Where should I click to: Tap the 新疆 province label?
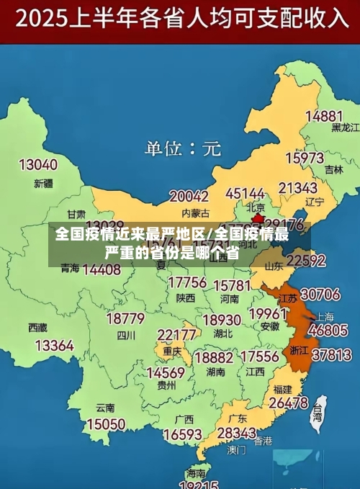pyautogui.click(x=43, y=184)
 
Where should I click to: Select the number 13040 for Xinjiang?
pyautogui.click(x=37, y=165)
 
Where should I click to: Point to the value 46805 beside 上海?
pyautogui.click(x=328, y=331)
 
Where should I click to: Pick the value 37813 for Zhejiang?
pyautogui.click(x=331, y=354)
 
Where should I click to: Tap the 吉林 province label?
pyautogui.click(x=333, y=171)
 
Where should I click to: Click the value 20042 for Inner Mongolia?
pyautogui.click(x=189, y=195)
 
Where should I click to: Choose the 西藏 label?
pyautogui.click(x=37, y=327)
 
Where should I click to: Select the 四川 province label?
pyautogui.click(x=126, y=335)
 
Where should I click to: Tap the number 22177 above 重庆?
pyautogui.click(x=177, y=335)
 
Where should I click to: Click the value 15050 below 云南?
pyautogui.click(x=106, y=424)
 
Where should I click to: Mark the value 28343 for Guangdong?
pyautogui.click(x=236, y=433)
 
